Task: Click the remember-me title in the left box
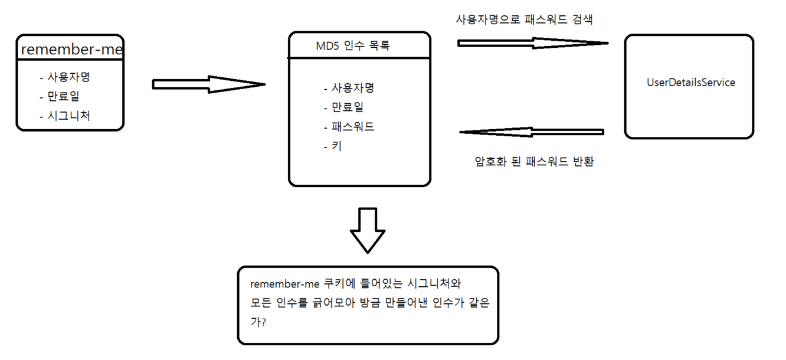point(72,50)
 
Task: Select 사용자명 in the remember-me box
point(69,77)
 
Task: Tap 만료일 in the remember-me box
point(64,96)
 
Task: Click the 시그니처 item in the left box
point(69,116)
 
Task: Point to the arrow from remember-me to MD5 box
point(209,84)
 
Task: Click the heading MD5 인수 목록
point(353,45)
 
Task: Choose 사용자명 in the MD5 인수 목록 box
point(353,87)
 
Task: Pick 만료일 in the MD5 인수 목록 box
point(348,107)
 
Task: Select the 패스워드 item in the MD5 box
point(353,126)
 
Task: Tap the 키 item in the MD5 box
point(337,146)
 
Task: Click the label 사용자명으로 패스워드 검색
point(524,19)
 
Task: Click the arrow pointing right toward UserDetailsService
point(533,43)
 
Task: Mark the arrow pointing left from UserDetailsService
point(532,132)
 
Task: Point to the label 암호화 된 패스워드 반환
point(534,161)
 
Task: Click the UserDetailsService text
point(691,83)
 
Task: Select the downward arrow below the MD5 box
point(368,231)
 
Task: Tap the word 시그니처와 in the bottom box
point(434,283)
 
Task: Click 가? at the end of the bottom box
point(258,322)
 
